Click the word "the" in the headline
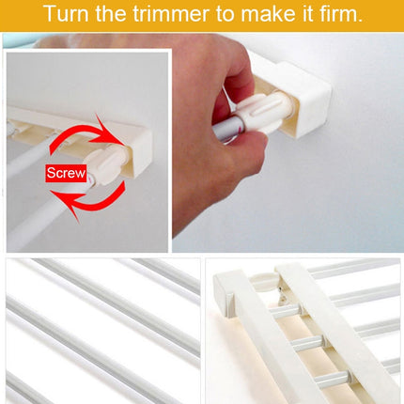coord(117,14)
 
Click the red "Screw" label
coord(67,173)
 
